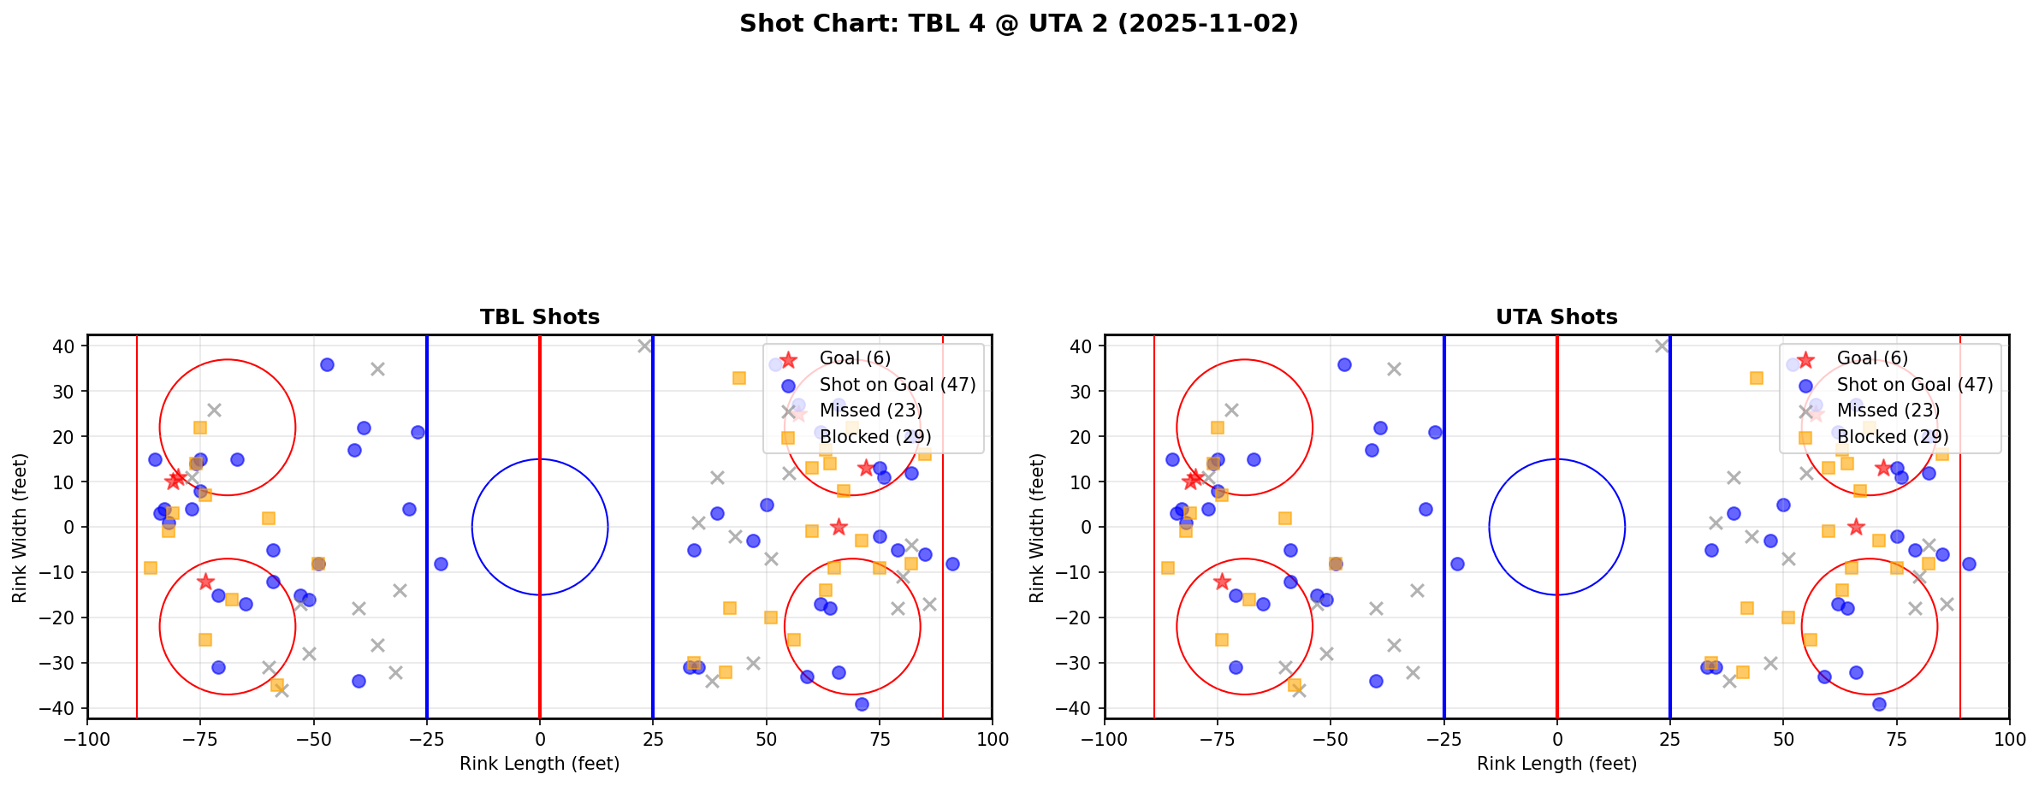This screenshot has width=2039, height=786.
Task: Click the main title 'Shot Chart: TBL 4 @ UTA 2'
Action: (1018, 24)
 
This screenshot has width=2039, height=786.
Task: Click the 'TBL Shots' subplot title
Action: (539, 317)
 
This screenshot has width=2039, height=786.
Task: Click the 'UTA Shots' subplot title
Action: (1556, 317)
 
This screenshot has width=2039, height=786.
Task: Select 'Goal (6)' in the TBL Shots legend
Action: (855, 358)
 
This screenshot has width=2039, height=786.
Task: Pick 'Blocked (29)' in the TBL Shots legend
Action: (874, 437)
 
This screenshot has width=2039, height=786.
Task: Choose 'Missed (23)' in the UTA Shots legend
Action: (1887, 411)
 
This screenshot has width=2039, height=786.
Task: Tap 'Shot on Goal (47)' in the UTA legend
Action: (1914, 385)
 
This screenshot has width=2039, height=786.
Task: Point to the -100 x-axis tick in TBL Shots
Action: (87, 739)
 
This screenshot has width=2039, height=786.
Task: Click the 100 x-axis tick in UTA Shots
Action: (2008, 739)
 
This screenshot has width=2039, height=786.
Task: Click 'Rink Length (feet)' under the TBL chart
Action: (539, 764)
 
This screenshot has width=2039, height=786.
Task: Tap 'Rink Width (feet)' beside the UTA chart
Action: (1037, 528)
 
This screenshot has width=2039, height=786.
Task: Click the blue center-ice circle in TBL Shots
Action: (540, 459)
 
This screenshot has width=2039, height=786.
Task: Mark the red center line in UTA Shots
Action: (1556, 599)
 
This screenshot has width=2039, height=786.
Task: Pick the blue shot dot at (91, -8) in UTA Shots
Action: (1968, 564)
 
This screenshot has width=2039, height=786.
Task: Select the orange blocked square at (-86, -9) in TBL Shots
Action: (151, 568)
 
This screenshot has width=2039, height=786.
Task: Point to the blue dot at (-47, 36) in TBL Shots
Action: (327, 364)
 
